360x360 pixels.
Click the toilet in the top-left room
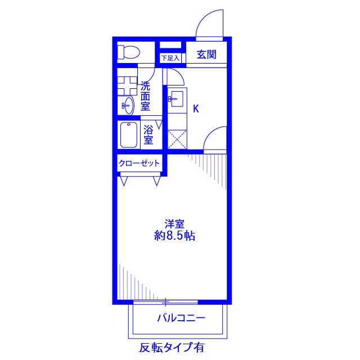coord(129,53)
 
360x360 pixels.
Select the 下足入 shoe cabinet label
coord(170,57)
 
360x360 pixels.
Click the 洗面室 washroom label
coord(145,96)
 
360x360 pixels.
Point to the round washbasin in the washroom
coord(128,105)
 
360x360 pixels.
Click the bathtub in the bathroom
coord(129,135)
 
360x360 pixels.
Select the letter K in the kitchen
coord(196,109)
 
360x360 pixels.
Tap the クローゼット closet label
coord(139,164)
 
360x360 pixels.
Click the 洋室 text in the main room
coord(174,223)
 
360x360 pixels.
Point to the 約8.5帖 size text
coord(174,236)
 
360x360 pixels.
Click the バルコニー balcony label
coord(181,318)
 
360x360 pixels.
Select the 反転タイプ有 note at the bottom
coord(172,346)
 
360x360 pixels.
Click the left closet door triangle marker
coord(124,180)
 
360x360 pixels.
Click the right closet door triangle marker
coord(156,180)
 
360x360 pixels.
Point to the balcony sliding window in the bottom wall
coord(166,302)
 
